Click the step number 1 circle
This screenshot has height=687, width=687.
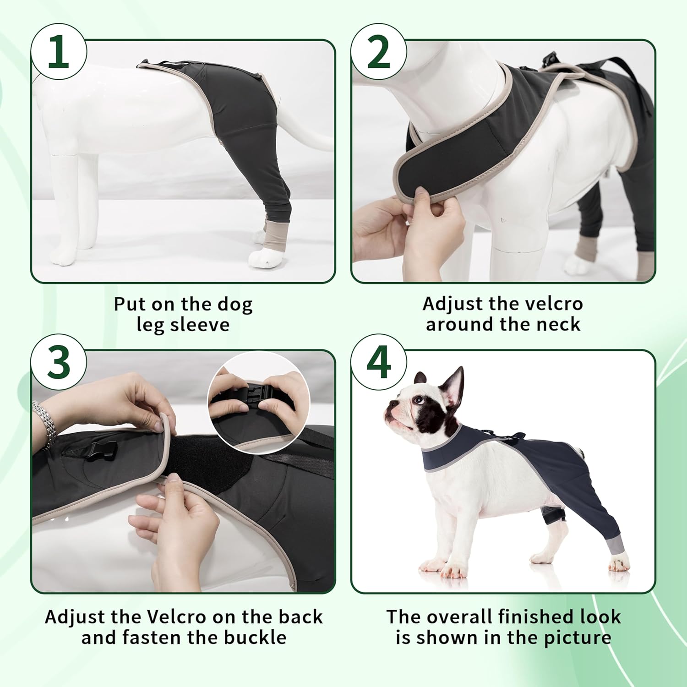[58, 52]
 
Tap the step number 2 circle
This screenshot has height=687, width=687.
[378, 52]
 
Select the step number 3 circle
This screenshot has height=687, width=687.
[58, 363]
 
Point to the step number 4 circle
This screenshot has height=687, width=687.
[378, 363]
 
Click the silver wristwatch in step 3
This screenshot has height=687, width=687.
[44, 424]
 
